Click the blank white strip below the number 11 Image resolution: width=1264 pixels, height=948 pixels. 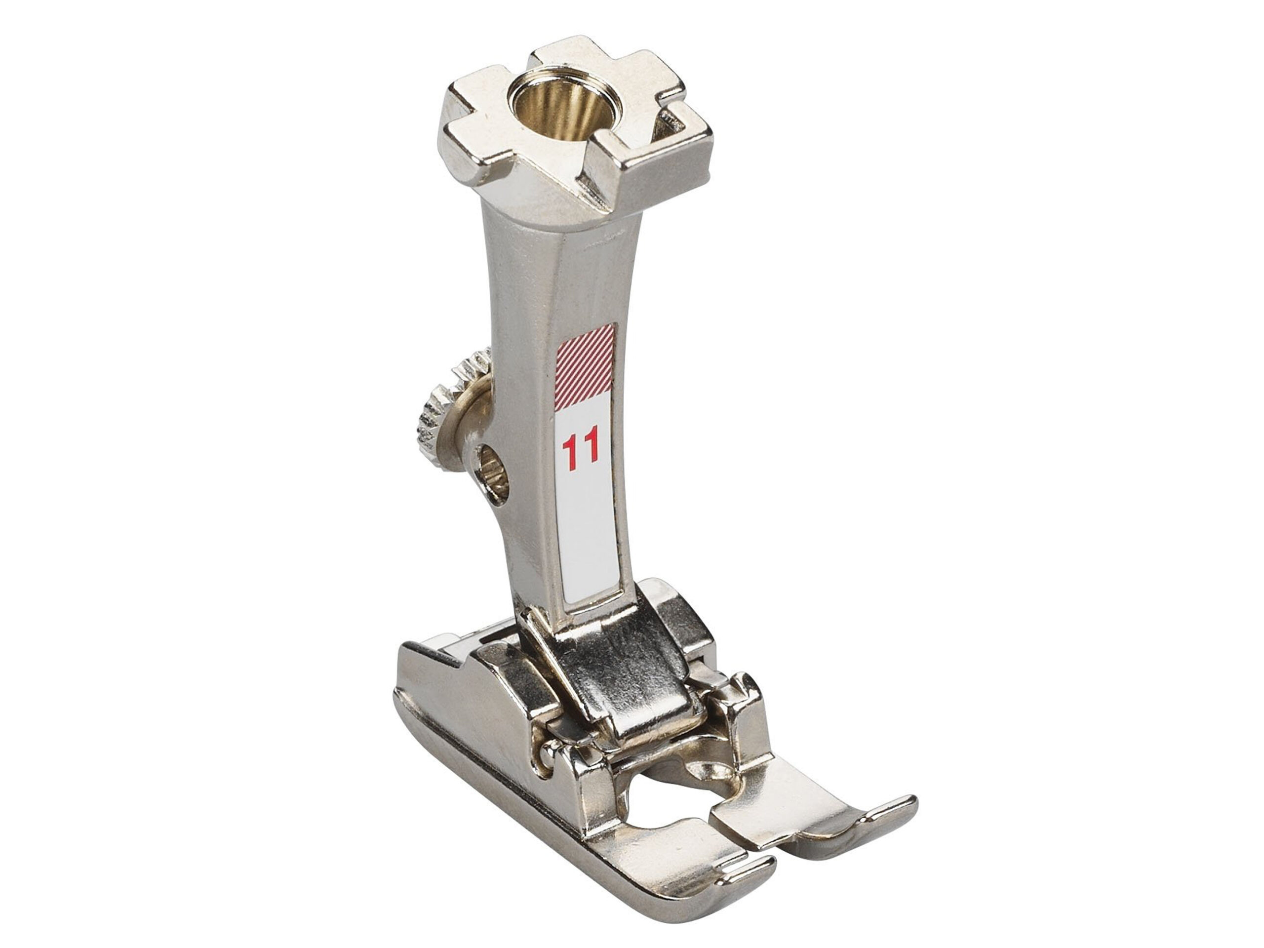pyautogui.click(x=590, y=537)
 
